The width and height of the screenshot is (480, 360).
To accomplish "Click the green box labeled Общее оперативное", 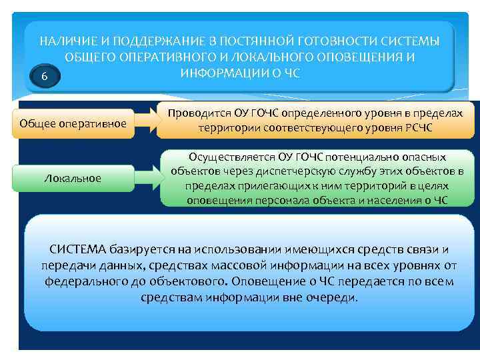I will [73, 123].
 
